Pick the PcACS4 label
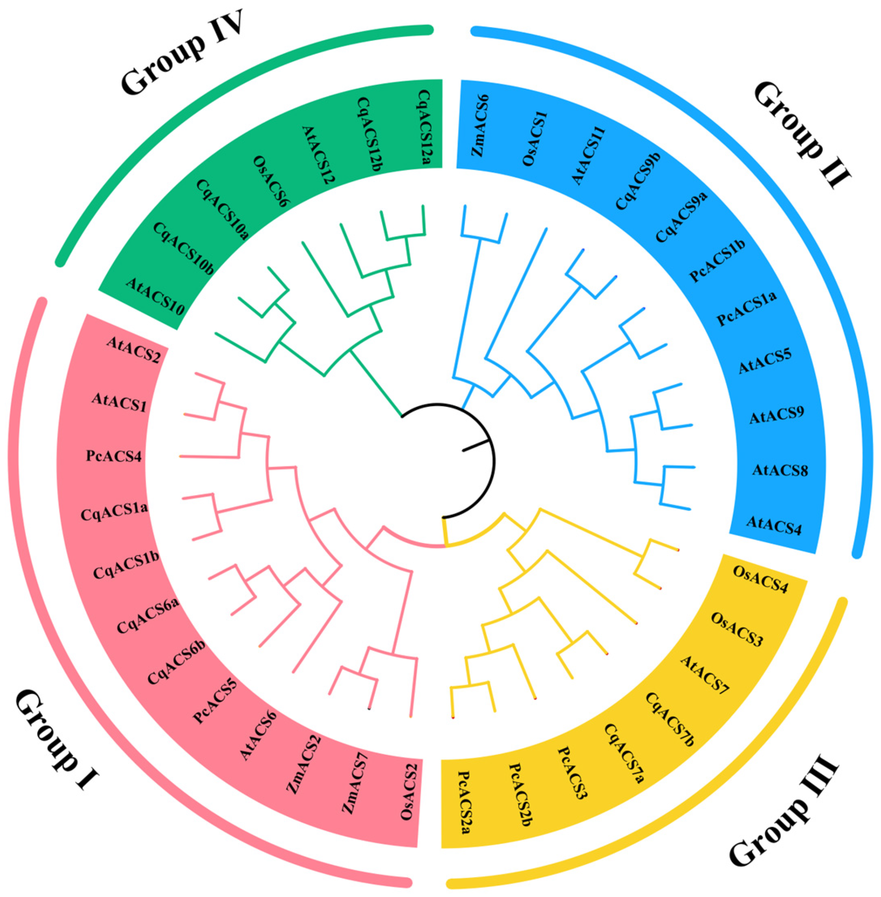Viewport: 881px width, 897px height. click(114, 456)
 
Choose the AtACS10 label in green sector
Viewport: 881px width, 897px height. click(155, 296)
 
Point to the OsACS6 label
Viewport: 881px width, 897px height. click(267, 182)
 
